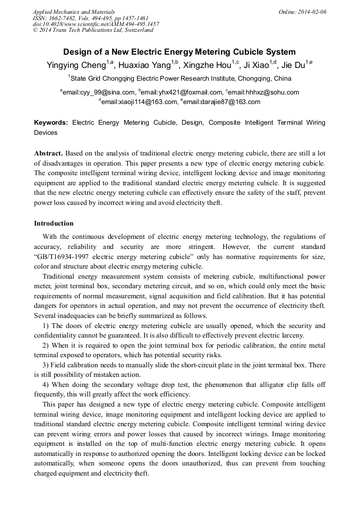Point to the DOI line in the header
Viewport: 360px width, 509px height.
[96, 24]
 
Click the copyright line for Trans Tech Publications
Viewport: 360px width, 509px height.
[93, 30]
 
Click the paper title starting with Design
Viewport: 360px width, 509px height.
[179, 52]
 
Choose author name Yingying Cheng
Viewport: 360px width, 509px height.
[76, 65]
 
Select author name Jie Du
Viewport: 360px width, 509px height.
[292, 65]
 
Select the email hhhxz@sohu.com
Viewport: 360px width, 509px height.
[264, 92]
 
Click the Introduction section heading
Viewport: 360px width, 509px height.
[54, 223]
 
